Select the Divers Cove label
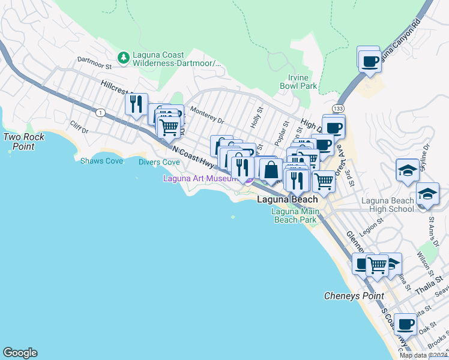coord(159,162)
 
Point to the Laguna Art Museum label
coord(200,178)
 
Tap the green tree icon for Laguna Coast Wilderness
coord(124,58)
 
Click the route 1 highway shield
coord(100,112)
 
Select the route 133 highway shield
coord(340,108)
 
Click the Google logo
coord(20,353)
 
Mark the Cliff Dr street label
coord(79,127)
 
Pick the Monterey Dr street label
coord(206,115)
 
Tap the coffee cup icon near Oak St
coord(405,325)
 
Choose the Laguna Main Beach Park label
coord(294,215)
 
